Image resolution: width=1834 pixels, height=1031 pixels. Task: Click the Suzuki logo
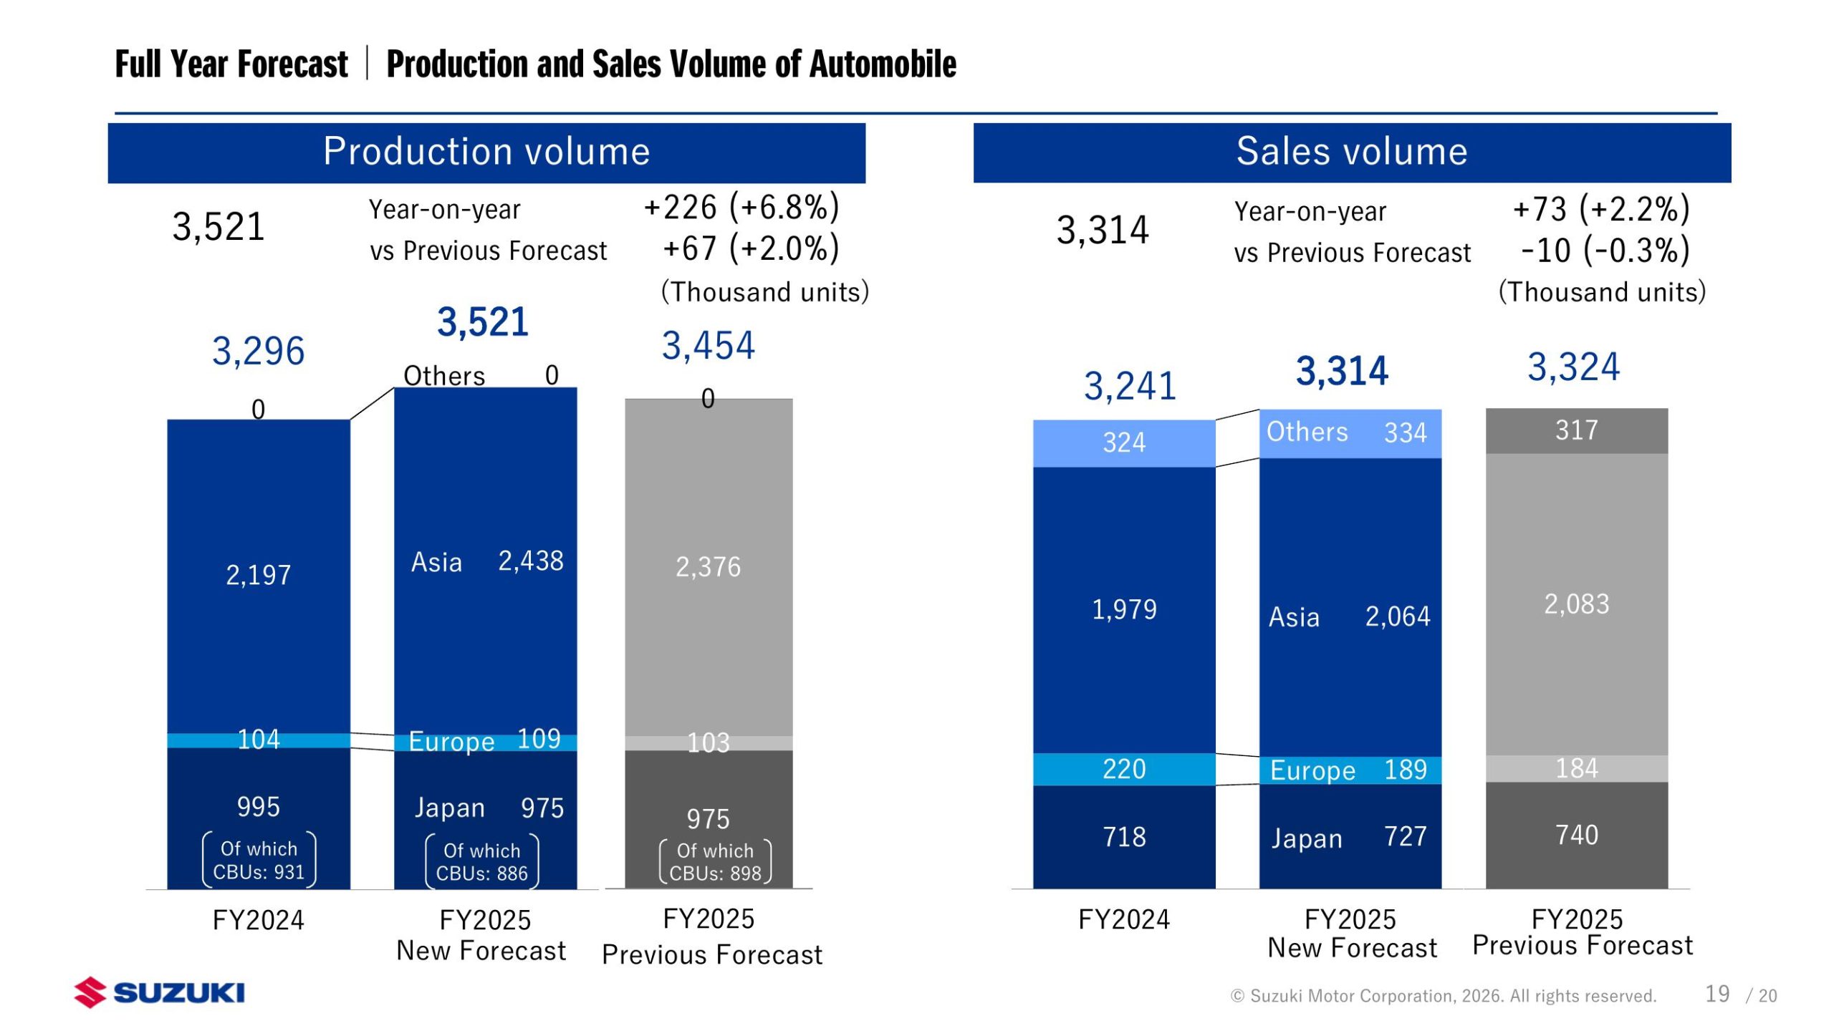[159, 992]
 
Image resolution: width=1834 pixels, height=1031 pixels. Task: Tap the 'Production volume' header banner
[486, 152]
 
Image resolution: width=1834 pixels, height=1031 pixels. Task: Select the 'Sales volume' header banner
[1351, 152]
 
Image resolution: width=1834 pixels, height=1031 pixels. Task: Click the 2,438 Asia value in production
[530, 561]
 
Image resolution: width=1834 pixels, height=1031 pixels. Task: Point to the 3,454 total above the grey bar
[708, 346]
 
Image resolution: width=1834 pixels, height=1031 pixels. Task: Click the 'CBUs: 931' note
[259, 872]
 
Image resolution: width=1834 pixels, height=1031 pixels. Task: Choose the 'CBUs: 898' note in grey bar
[715, 873]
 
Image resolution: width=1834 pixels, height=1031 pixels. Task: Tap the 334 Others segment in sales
[1405, 433]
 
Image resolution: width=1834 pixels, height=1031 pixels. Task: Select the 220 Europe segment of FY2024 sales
[1123, 769]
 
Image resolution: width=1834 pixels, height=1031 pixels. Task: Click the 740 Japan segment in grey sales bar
[1576, 835]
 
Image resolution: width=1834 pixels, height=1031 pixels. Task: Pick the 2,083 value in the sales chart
[1576, 604]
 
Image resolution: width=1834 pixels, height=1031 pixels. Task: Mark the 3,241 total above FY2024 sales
[1130, 387]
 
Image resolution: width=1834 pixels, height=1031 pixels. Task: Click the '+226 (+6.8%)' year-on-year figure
[741, 208]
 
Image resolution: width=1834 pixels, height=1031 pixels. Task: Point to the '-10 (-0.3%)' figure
[1605, 251]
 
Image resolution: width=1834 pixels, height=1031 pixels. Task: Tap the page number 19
[1717, 994]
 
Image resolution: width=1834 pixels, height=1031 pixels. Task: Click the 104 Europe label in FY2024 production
[259, 740]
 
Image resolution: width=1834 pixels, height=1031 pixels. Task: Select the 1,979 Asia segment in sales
[1123, 609]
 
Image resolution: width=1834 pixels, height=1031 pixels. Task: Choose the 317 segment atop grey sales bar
[1576, 430]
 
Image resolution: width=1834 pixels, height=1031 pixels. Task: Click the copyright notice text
[1443, 996]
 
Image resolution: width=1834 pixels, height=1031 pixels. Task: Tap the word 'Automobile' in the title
[883, 64]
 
